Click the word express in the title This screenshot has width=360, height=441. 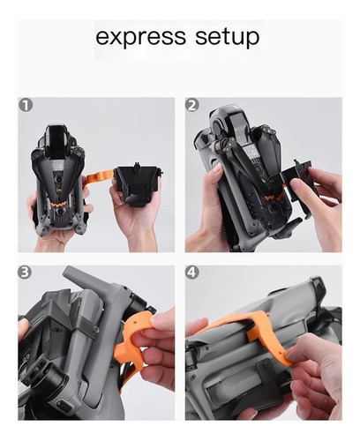(x=141, y=37)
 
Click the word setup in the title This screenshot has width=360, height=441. (x=228, y=37)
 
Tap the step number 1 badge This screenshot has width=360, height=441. (x=26, y=105)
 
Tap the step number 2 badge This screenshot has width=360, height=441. (x=191, y=105)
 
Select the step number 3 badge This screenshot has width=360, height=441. (x=25, y=273)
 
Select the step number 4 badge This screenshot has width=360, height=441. (x=191, y=273)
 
